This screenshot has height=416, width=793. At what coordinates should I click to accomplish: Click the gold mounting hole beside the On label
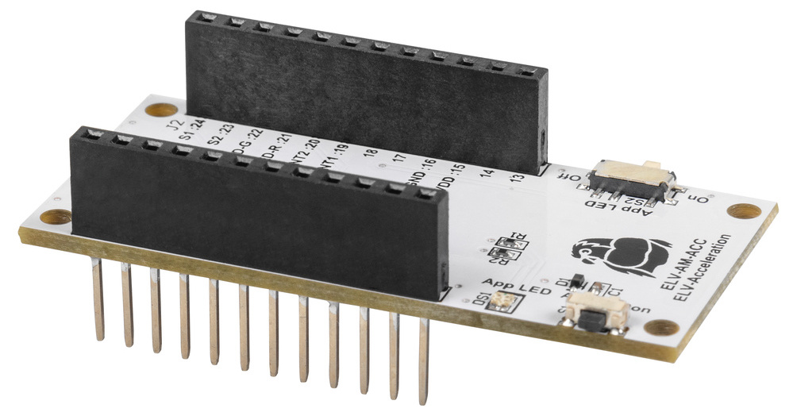point(743,212)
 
